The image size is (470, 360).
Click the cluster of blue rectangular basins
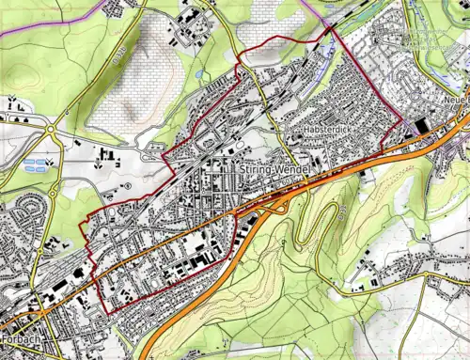tap(37, 165)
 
